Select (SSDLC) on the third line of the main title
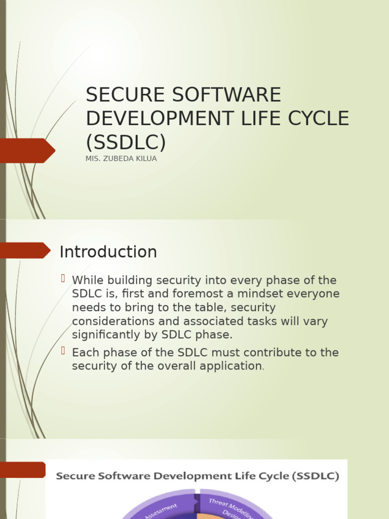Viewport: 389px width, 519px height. tap(126, 142)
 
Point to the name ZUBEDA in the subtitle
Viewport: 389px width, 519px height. tap(117, 159)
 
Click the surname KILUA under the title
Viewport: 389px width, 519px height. tap(145, 159)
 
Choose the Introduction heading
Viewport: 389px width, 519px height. tap(108, 252)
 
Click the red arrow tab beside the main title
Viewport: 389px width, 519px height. tap(28, 151)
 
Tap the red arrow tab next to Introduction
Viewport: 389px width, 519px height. tap(25, 250)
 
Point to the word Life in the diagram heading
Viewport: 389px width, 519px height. tap(241, 476)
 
